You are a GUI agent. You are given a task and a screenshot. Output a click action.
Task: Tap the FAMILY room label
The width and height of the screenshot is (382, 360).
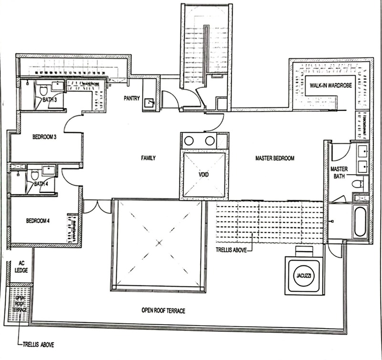(x=148, y=158)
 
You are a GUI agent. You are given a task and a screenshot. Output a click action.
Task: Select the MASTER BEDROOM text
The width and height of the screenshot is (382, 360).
(x=275, y=158)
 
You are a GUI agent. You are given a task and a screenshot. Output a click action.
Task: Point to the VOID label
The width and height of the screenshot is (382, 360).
(x=204, y=175)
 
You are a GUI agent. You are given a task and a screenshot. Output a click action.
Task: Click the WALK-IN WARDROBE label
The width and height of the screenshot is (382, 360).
(x=329, y=85)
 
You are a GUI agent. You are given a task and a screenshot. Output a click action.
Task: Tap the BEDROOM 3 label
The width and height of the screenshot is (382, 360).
(x=44, y=137)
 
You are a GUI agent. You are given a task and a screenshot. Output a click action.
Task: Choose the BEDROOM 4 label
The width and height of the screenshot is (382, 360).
(x=38, y=221)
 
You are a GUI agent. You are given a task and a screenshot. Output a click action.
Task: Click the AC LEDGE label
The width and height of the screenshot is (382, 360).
(x=21, y=266)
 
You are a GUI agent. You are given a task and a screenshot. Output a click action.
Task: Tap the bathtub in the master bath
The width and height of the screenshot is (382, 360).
(x=360, y=221)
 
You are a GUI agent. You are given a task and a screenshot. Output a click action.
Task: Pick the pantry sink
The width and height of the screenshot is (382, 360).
(x=149, y=103)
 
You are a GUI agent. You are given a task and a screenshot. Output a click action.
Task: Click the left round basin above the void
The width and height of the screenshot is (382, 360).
(x=190, y=141)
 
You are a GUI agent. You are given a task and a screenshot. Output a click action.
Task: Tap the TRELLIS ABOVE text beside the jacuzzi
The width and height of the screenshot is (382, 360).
(x=232, y=249)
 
